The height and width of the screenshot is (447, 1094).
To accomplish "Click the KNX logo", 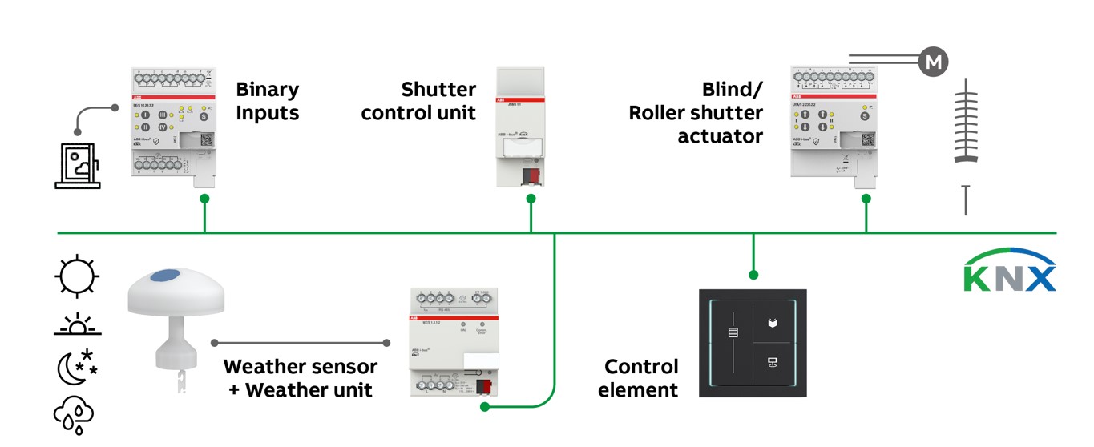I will pyautogui.click(x=1010, y=270).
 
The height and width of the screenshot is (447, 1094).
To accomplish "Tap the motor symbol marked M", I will pyautogui.click(x=933, y=62).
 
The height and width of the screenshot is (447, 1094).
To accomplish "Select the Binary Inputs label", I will pyautogui.click(x=267, y=101).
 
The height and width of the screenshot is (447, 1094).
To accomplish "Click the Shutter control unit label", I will pyautogui.click(x=418, y=101).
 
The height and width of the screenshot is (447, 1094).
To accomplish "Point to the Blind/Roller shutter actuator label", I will pyautogui.click(x=696, y=113).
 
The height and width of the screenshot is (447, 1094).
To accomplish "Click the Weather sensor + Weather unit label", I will pyautogui.click(x=301, y=378).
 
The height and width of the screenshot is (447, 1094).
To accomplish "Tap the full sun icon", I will pyautogui.click(x=77, y=277).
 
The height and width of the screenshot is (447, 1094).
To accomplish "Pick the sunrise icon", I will pyautogui.click(x=77, y=324).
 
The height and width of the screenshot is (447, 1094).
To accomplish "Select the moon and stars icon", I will pyautogui.click(x=77, y=367).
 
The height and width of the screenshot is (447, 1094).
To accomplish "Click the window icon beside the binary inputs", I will pyautogui.click(x=78, y=166).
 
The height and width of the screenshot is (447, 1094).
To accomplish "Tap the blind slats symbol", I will pyautogui.click(x=967, y=120).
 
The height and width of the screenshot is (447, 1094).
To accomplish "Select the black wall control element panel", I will pyautogui.click(x=753, y=343).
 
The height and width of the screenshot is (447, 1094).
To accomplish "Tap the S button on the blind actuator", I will pyautogui.click(x=864, y=116).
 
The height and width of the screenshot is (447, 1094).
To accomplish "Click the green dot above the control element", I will pyautogui.click(x=753, y=275).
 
